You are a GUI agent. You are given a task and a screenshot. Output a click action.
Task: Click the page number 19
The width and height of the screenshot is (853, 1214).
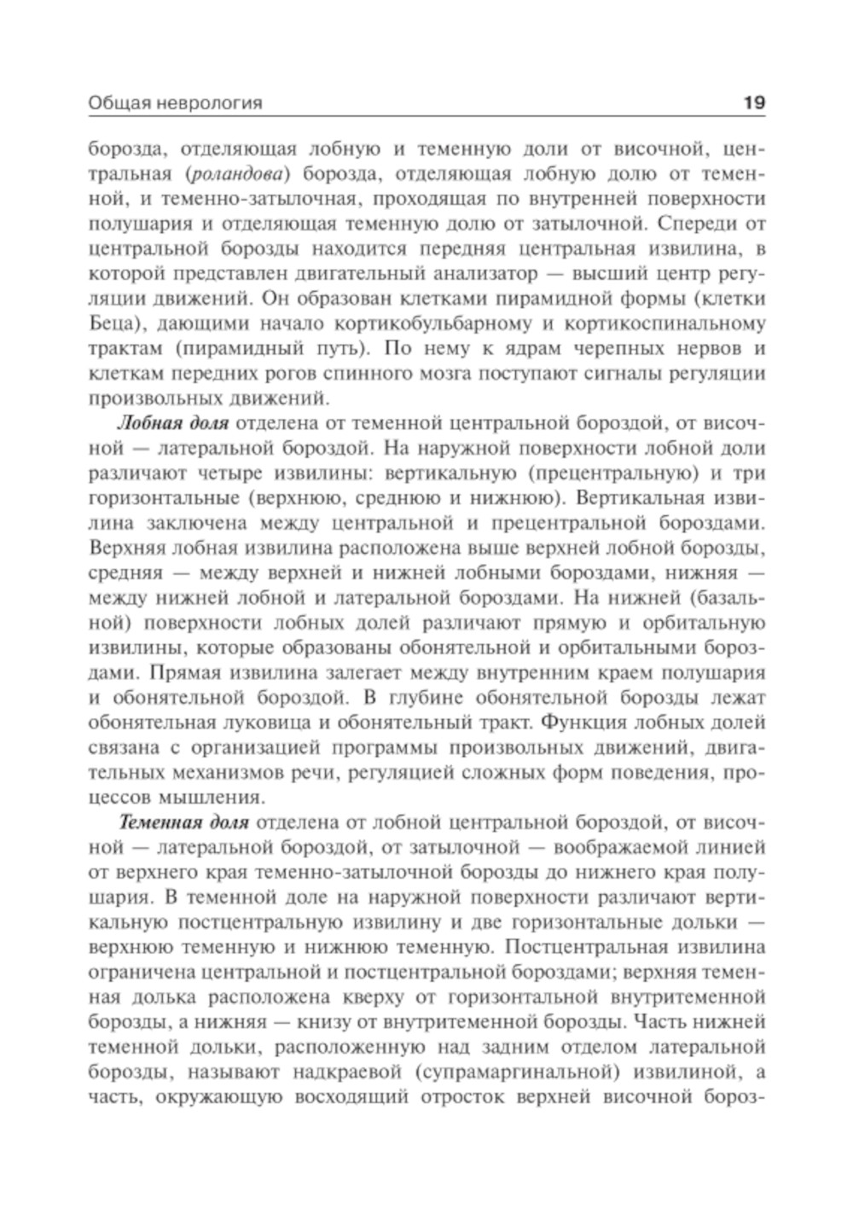point(754,103)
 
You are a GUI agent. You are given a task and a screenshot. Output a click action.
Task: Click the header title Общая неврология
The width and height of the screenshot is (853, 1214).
point(175,104)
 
